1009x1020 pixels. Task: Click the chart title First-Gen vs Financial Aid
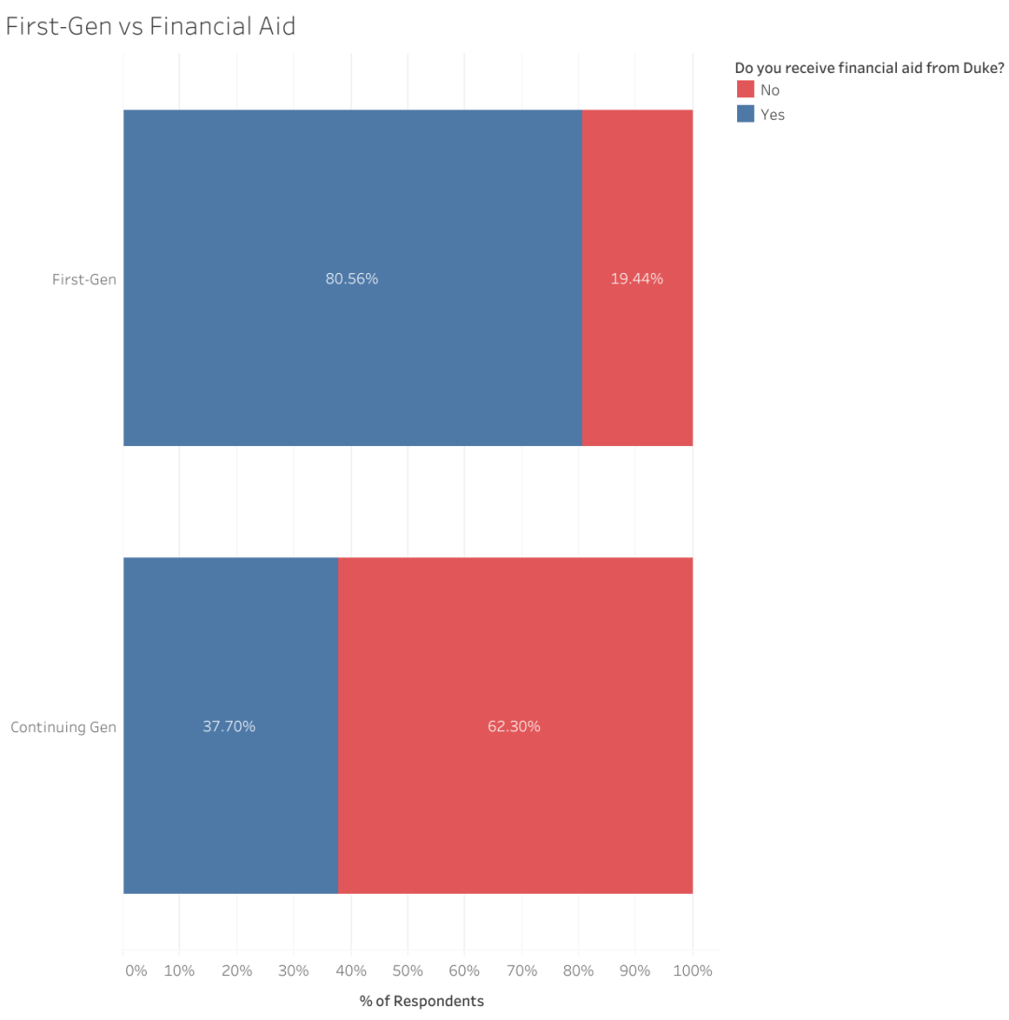pos(150,26)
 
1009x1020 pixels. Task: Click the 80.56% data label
pos(351,279)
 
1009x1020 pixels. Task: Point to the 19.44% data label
pos(637,279)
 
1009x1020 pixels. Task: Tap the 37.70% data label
pos(229,726)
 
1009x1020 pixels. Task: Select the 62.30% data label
pos(514,726)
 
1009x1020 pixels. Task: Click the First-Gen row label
pos(84,279)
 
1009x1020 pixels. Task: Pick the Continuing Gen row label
pos(64,726)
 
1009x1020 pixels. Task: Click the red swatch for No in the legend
pos(746,90)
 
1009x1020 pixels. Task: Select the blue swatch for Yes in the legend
pos(746,114)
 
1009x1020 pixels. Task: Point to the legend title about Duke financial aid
pos(869,67)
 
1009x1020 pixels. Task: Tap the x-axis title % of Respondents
pos(421,1001)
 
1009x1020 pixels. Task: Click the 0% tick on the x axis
pos(135,970)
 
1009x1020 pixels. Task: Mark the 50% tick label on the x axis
pos(407,970)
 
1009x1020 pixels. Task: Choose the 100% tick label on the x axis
pos(692,970)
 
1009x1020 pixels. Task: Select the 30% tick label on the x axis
pos(293,970)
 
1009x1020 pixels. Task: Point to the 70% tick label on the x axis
pos(521,970)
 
